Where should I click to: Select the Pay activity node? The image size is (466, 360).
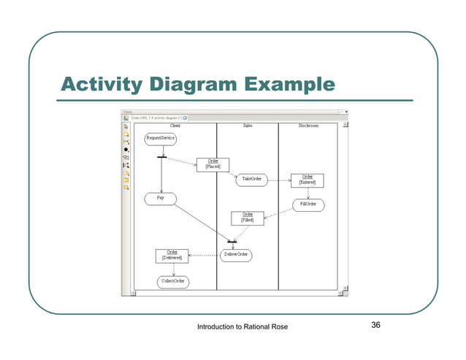tap(160, 198)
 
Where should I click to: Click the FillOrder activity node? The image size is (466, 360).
tap(308, 204)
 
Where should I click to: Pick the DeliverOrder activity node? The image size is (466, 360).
tap(236, 255)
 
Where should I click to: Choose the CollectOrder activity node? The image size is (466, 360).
tap(173, 281)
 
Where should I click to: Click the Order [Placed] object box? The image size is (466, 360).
tap(213, 164)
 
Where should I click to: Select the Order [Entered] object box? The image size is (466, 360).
tap(308, 180)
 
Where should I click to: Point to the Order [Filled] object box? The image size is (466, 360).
tap(248, 218)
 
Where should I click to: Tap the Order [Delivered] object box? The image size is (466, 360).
tap(172, 255)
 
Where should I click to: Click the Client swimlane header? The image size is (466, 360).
tap(176, 126)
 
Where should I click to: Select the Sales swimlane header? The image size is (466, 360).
tap(248, 126)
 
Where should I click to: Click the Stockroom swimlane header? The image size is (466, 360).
tap(308, 126)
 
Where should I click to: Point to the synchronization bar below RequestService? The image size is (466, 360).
tap(161, 157)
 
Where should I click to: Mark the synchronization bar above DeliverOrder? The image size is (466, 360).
tap(232, 241)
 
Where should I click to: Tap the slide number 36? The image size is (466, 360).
tap(376, 325)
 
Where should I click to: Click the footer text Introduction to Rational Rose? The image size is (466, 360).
tap(243, 326)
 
